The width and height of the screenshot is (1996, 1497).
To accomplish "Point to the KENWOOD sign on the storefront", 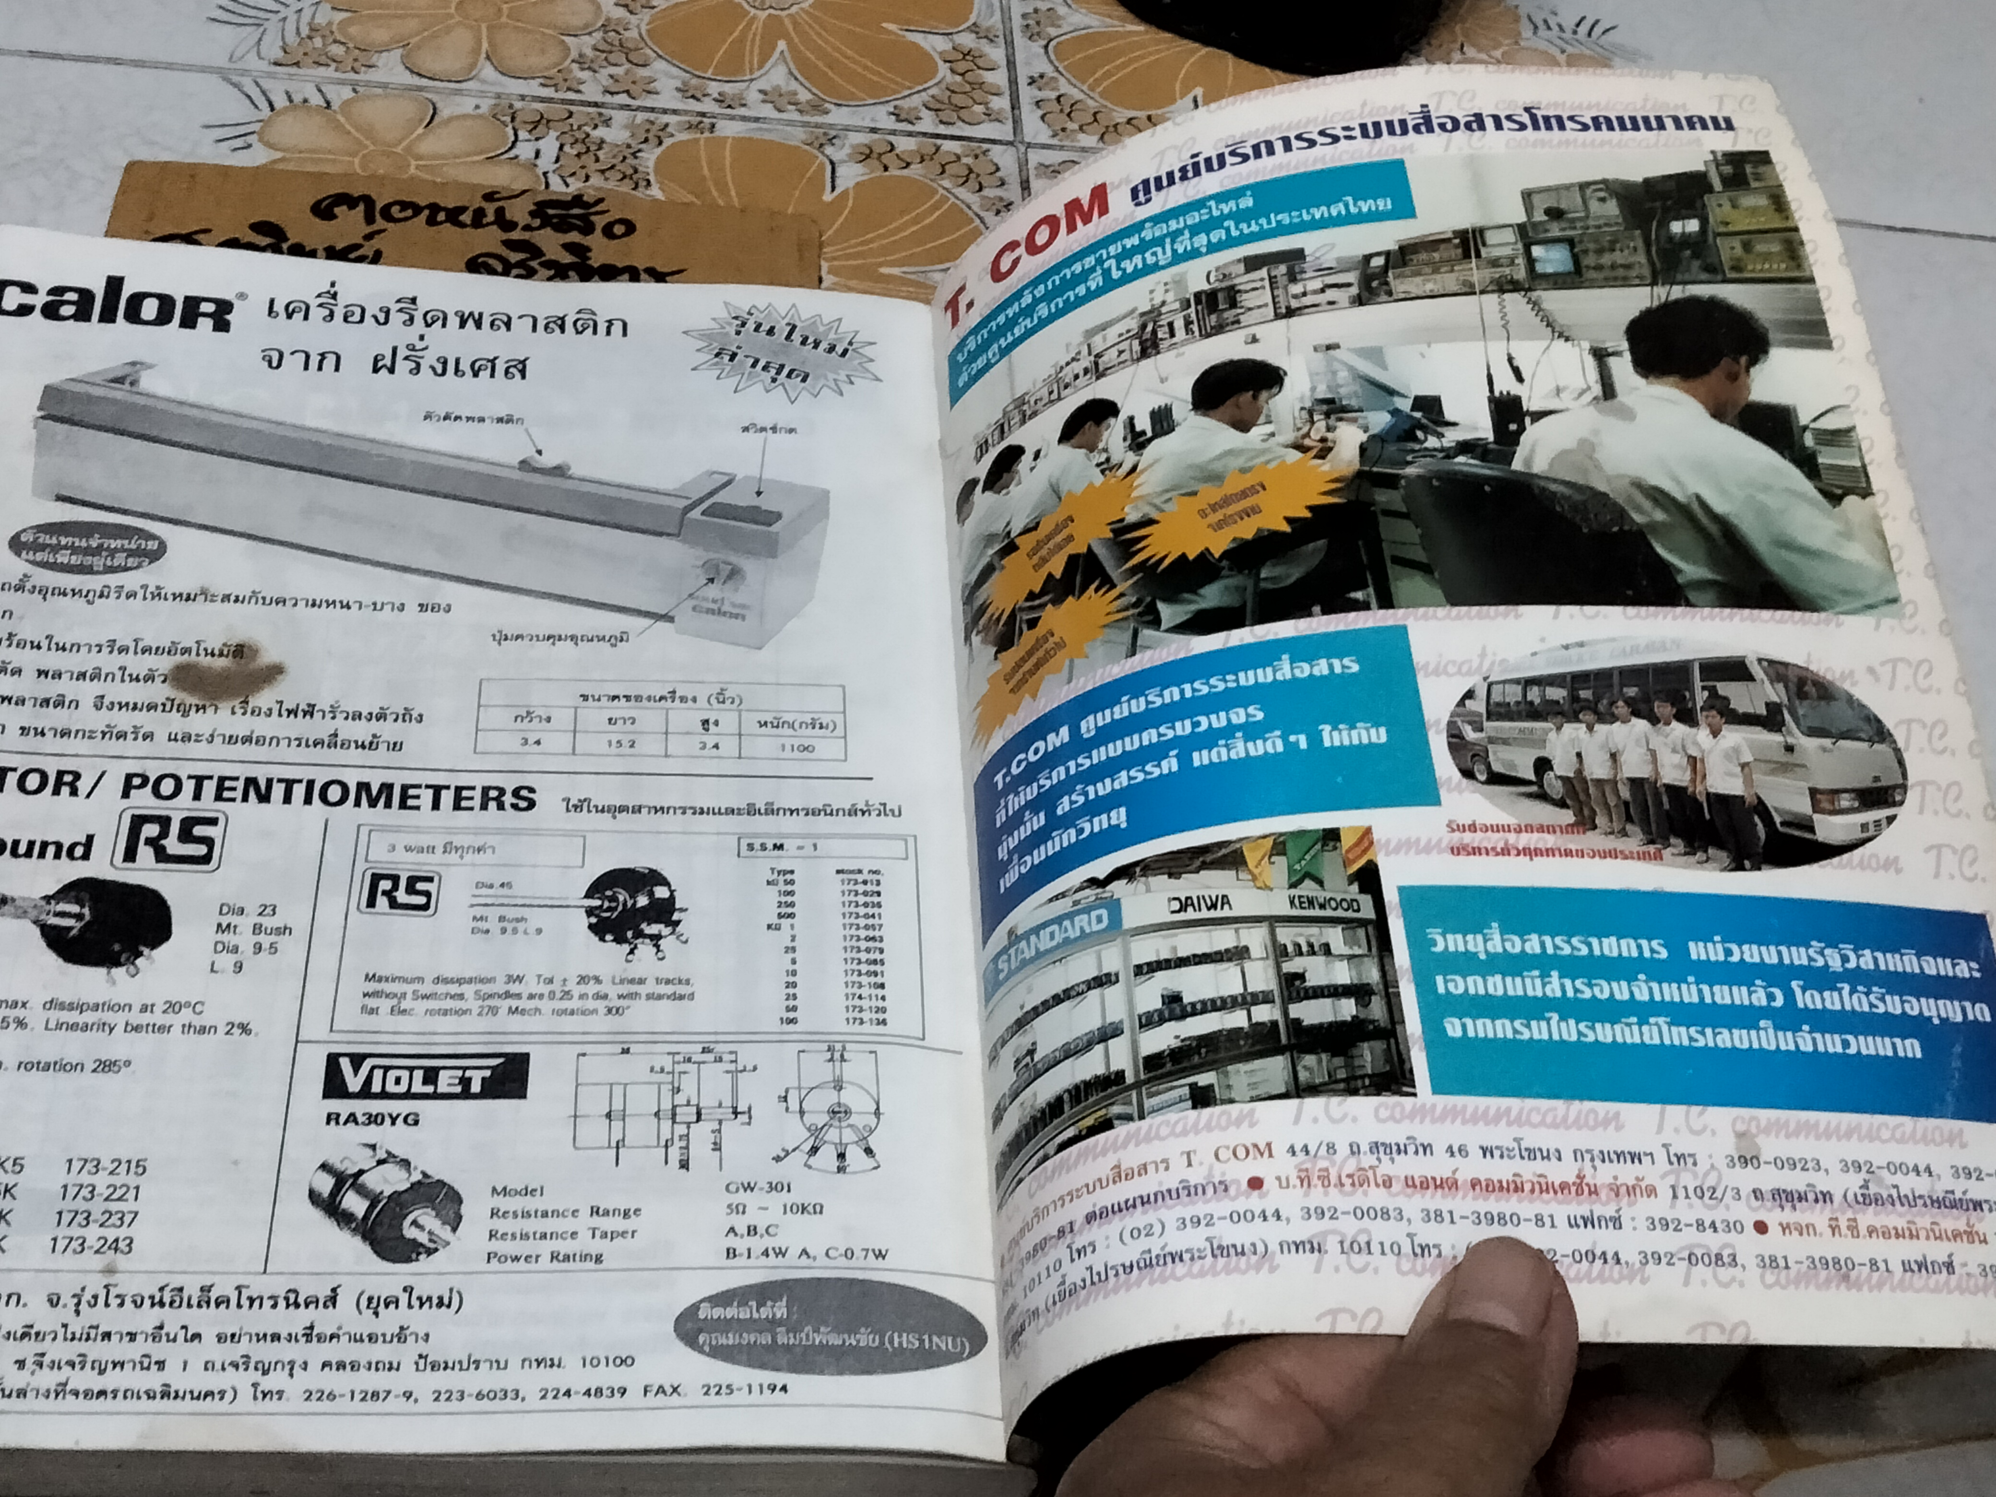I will [x=1324, y=903].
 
